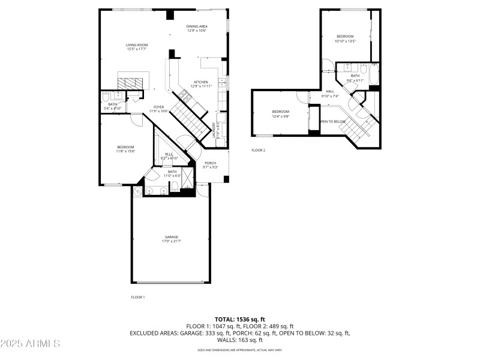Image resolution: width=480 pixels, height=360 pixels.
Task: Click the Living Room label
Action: (137, 45)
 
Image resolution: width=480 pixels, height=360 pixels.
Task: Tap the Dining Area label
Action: (196, 26)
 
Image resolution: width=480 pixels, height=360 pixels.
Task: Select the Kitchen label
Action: (201, 82)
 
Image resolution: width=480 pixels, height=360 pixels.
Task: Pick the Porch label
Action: (210, 163)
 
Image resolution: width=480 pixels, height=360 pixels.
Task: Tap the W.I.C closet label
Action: (169, 154)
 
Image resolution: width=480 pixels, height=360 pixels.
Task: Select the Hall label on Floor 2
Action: (330, 92)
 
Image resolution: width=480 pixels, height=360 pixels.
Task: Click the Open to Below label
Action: (332, 122)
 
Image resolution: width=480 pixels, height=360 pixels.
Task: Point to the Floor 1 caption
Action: (138, 297)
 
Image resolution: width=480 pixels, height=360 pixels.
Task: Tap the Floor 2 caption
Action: (258, 150)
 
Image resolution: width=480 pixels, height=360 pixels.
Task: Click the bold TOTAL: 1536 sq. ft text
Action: (240, 319)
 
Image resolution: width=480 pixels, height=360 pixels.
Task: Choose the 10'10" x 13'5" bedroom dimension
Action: (345, 41)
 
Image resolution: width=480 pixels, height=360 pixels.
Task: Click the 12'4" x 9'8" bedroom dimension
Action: (281, 116)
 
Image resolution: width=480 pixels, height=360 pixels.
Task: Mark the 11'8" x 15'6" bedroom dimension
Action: (125, 151)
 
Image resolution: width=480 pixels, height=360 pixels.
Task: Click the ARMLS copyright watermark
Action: (30, 344)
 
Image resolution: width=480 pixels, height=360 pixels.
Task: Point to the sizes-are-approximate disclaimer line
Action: (240, 349)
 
